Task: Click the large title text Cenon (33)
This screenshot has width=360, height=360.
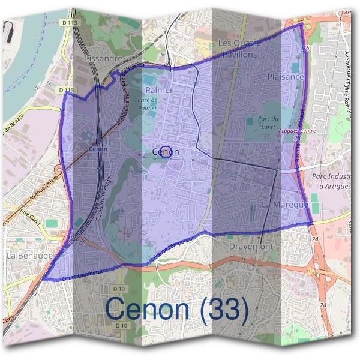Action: (x=176, y=309)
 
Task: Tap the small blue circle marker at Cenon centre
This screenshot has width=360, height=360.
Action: (x=167, y=152)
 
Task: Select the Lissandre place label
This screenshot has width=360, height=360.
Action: (x=104, y=59)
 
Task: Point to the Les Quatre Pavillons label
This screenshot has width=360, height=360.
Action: (x=238, y=49)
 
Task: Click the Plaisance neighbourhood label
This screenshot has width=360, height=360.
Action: (x=286, y=77)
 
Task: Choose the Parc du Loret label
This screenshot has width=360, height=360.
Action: (x=268, y=123)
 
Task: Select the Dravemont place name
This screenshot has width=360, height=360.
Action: (x=251, y=246)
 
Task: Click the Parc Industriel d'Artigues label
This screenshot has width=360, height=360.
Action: (x=335, y=181)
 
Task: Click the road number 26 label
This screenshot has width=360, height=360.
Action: (x=306, y=47)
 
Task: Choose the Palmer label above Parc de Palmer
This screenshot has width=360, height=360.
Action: (x=159, y=90)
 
